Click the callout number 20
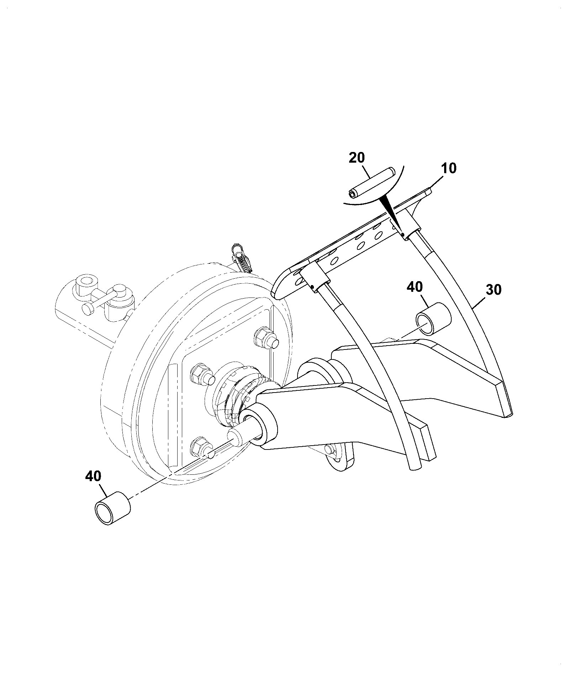tap(357, 158)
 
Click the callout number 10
tap(449, 168)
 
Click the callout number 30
tap(494, 290)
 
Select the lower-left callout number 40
tap(93, 476)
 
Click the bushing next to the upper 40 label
tap(433, 318)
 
